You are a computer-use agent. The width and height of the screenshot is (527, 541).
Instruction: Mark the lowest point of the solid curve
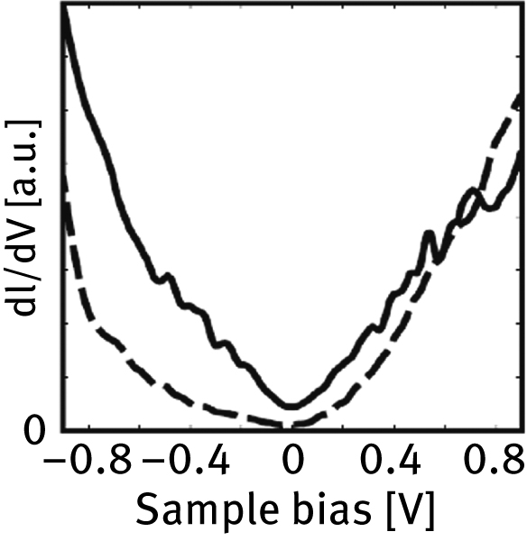(x=290, y=408)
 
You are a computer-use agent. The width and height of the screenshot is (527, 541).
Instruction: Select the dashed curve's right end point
(x=521, y=97)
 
